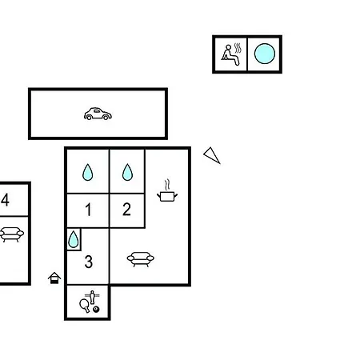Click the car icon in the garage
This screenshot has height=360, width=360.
point(98,114)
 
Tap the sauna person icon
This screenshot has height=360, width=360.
point(231,54)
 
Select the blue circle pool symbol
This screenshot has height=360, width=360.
point(265,54)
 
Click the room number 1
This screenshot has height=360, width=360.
point(88,210)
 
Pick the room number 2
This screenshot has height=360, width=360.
point(126,209)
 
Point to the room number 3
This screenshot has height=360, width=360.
point(89,262)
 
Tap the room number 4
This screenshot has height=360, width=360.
point(5,199)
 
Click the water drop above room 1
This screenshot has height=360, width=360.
point(88,172)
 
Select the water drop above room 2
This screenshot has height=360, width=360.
point(127,172)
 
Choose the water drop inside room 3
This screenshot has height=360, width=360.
point(74,239)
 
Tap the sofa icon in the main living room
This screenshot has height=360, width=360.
point(141,259)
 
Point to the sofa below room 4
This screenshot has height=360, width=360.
point(11,234)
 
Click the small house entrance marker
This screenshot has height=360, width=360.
point(54,278)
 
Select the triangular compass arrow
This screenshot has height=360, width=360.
point(212,155)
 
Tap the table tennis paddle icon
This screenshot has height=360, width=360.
point(85,305)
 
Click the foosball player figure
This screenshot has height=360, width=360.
point(92,297)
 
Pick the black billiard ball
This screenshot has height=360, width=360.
point(96,310)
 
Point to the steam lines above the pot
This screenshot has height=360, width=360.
point(167,185)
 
